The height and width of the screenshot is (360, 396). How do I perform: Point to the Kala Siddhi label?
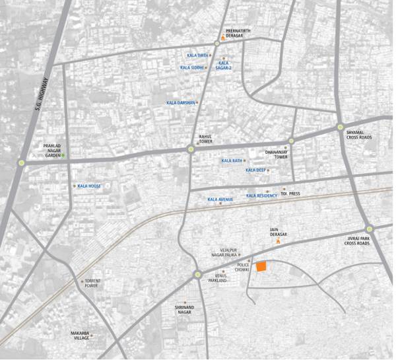point(192,67)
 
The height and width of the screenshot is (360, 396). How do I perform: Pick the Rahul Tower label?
point(205,139)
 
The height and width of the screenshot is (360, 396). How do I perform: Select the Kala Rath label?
point(231,161)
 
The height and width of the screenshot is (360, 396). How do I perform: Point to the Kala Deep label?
point(255,170)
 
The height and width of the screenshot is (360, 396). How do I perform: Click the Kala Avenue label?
point(220,199)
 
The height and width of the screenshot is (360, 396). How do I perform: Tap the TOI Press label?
point(290,194)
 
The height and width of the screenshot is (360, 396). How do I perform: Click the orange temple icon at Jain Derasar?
point(279,242)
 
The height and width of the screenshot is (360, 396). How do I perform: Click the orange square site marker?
point(261,266)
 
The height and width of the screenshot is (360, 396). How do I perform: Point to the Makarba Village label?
point(80,336)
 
